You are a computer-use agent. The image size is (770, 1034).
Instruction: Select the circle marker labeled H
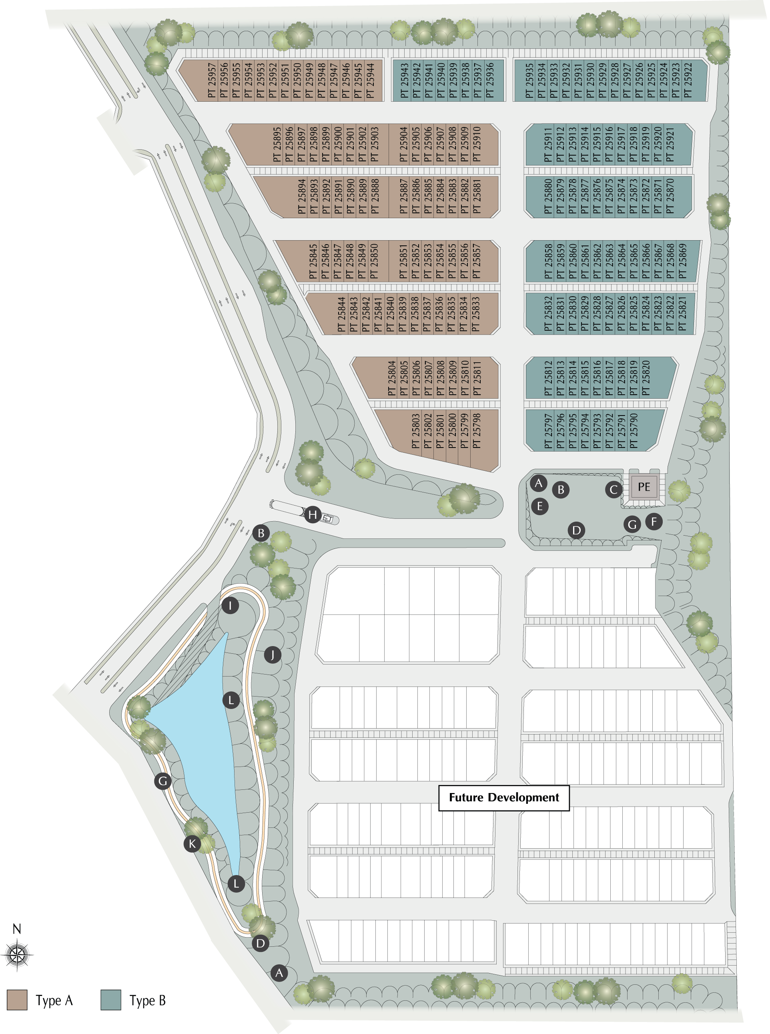tap(313, 515)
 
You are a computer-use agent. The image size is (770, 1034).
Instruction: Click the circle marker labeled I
tap(230, 606)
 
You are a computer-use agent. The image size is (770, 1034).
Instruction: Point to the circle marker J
tap(273, 655)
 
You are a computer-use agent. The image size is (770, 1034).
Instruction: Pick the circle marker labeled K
tap(192, 843)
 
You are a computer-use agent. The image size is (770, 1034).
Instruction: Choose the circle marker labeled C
tap(614, 490)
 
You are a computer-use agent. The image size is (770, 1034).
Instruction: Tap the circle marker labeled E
tap(540, 506)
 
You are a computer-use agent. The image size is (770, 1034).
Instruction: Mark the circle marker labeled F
tap(654, 521)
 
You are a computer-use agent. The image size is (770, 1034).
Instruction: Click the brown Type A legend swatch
tap(17, 1000)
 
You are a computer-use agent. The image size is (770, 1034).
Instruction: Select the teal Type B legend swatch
tap(111, 1000)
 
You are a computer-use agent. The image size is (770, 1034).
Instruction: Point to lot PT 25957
tap(212, 80)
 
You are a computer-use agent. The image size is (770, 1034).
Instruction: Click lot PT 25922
tap(688, 80)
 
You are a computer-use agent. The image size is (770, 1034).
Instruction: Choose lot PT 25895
tap(277, 145)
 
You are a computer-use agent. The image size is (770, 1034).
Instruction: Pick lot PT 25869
tap(683, 261)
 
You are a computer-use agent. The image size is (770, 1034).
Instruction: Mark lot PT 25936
tap(489, 80)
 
